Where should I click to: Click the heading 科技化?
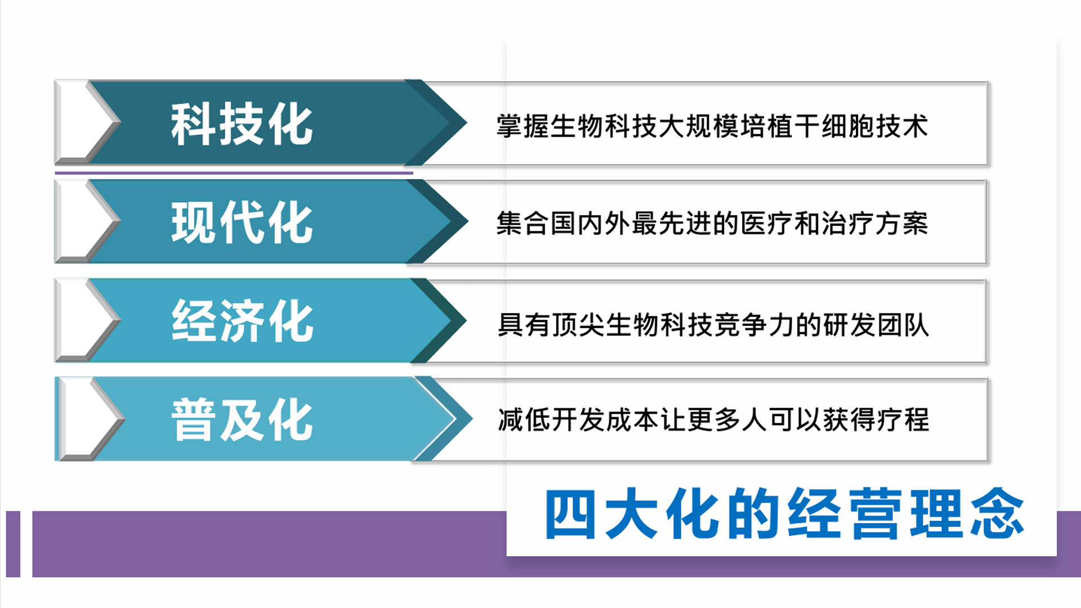point(242,124)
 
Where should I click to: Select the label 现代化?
point(242,222)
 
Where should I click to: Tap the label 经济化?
point(242,321)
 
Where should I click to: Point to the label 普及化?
point(242,419)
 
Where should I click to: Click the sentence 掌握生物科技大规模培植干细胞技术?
point(712,126)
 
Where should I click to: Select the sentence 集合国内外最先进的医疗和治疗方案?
point(712,223)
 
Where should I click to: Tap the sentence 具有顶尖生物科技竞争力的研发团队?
point(713,325)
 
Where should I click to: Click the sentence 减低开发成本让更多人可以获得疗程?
point(713,419)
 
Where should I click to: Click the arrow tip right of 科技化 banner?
point(467,122)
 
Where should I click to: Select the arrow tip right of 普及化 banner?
point(472,418)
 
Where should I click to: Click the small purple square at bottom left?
point(13,544)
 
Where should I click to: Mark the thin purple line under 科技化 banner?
point(234,173)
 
